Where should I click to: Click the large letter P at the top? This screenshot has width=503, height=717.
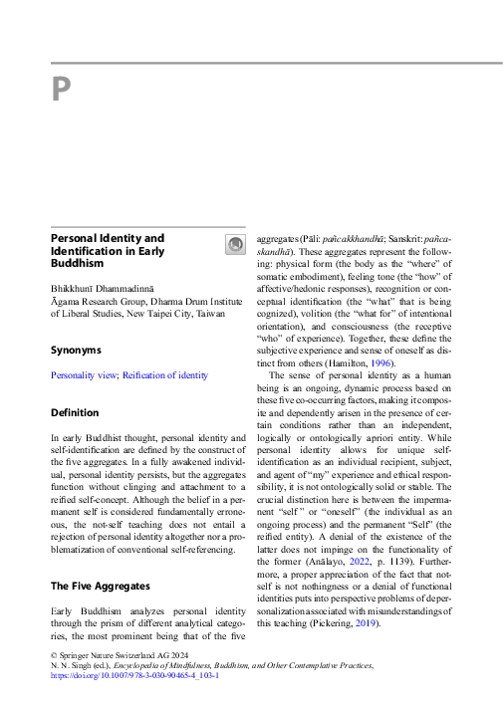click(x=61, y=92)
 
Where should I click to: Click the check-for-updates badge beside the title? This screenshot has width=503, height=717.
click(x=235, y=245)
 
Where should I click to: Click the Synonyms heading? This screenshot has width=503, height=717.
click(x=77, y=350)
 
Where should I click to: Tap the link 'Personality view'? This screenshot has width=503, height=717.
click(x=84, y=375)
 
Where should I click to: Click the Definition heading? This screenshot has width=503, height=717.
click(x=75, y=412)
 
